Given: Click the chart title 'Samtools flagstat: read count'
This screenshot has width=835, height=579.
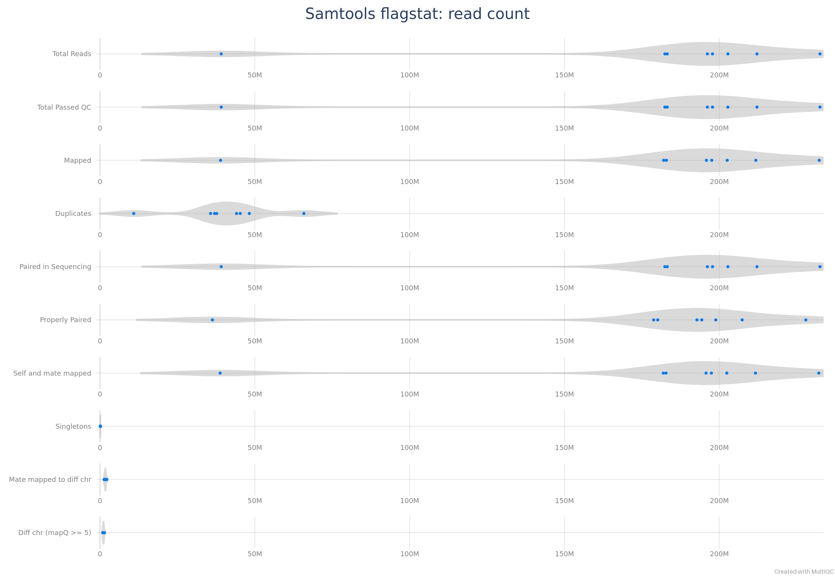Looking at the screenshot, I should pyautogui.click(x=417, y=14).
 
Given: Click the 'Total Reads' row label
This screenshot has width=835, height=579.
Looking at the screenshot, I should pyautogui.click(x=72, y=54).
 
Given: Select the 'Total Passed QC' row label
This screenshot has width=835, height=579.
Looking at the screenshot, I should pyautogui.click(x=64, y=107).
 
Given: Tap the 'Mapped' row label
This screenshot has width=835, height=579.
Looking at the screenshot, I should pyautogui.click(x=77, y=160).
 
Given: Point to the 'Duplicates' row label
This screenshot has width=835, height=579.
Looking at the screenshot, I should pyautogui.click(x=73, y=214).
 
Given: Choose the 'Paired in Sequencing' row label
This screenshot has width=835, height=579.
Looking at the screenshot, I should pyautogui.click(x=55, y=267).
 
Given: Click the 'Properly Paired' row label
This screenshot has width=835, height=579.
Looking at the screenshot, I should pyautogui.click(x=66, y=320).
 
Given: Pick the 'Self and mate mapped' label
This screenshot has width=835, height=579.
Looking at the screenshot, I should pyautogui.click(x=52, y=373).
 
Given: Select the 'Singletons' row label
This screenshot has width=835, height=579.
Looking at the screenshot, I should pyautogui.click(x=73, y=426).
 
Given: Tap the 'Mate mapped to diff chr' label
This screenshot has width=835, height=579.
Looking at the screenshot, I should pyautogui.click(x=50, y=480).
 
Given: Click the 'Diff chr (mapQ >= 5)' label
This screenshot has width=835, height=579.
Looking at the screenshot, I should pyautogui.click(x=55, y=533).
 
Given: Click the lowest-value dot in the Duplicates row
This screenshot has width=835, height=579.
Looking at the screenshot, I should pyautogui.click(x=134, y=214).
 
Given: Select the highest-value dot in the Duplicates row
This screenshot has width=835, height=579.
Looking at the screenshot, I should pyautogui.click(x=304, y=214).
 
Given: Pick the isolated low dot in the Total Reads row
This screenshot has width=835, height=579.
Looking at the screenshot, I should pyautogui.click(x=221, y=54).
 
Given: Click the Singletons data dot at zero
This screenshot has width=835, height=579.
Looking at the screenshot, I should pyautogui.click(x=100, y=426).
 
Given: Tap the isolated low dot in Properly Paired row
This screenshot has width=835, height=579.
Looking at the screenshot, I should pyautogui.click(x=212, y=320).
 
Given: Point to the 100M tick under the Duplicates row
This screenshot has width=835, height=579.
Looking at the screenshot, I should pyautogui.click(x=410, y=235).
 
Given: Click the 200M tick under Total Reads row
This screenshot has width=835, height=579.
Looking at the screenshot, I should pyautogui.click(x=719, y=75).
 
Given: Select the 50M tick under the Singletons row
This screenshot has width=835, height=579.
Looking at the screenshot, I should pyautogui.click(x=255, y=448).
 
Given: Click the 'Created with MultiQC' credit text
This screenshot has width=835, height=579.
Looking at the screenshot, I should pyautogui.click(x=804, y=572).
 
